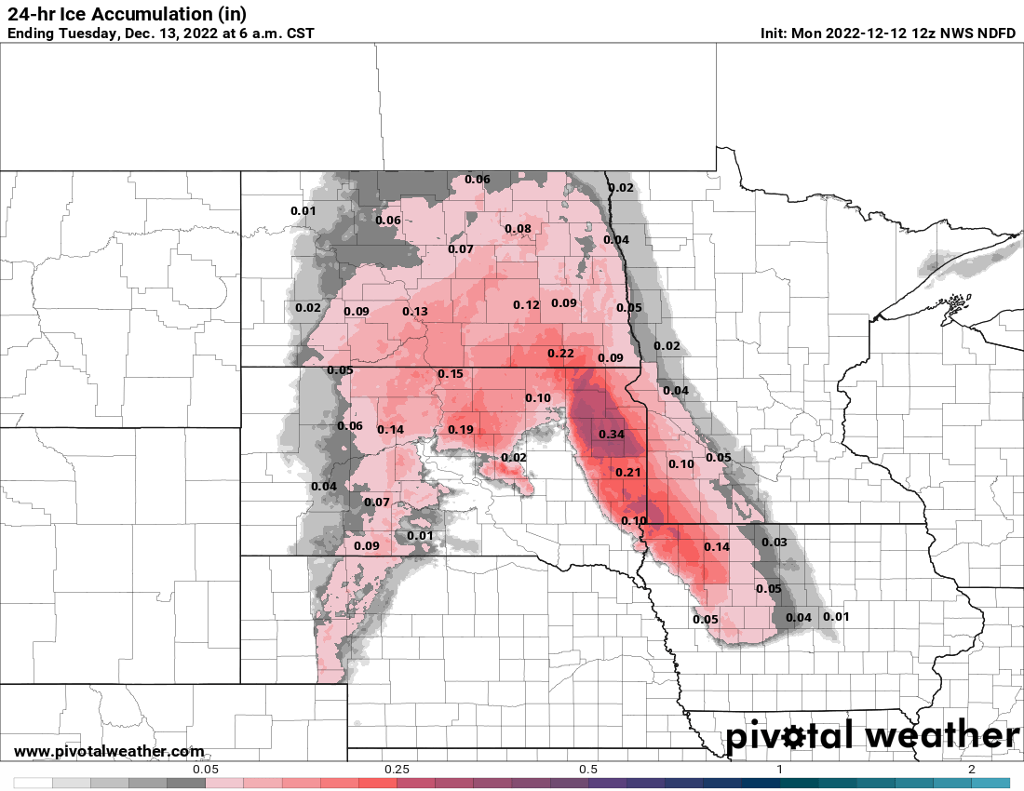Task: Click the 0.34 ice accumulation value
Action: (x=612, y=435)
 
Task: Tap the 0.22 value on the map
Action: (x=560, y=354)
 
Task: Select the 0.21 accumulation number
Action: (x=629, y=473)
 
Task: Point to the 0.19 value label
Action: (x=461, y=430)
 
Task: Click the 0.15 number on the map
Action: (x=451, y=374)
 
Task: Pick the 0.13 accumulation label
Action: (x=415, y=312)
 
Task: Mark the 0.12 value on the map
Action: (x=527, y=305)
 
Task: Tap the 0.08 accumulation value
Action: (x=518, y=229)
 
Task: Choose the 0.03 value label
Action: (x=775, y=543)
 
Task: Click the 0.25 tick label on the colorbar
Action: (x=397, y=770)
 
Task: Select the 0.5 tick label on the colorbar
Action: (x=588, y=770)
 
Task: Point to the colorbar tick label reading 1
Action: (x=780, y=770)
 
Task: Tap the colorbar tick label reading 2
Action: (x=971, y=770)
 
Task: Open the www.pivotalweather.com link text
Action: (x=109, y=751)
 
